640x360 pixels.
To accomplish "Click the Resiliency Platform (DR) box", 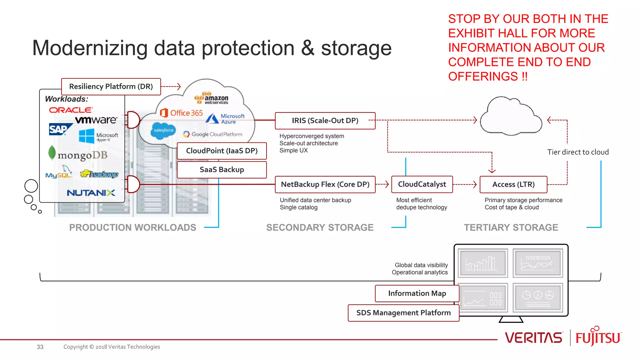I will point(111,87).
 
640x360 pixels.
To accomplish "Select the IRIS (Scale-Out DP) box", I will point(325,121).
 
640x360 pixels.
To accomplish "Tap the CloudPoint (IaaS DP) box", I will point(222,151).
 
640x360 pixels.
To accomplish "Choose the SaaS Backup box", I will point(222,170).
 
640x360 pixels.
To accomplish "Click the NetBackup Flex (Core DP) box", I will point(325,184).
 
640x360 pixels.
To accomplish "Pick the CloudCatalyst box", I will point(422,184).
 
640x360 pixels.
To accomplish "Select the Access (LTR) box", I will point(513,184).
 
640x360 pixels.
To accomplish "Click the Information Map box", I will point(417,293).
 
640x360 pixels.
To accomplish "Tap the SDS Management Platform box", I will point(403,313).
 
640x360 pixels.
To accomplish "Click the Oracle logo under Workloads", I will point(71,110).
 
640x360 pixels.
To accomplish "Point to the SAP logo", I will point(59,129).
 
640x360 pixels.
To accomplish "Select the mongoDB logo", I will point(78,154).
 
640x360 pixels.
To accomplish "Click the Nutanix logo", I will point(91,193).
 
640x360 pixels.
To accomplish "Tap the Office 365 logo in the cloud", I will point(182,113).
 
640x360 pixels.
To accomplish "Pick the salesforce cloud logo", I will point(163,130).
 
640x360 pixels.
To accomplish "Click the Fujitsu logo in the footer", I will point(598,337).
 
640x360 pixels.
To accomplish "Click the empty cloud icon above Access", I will point(511,117).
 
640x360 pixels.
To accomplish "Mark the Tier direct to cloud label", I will point(578,152).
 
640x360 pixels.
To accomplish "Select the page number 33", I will point(40,347).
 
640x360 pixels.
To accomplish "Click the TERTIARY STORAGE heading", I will point(511,227).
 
